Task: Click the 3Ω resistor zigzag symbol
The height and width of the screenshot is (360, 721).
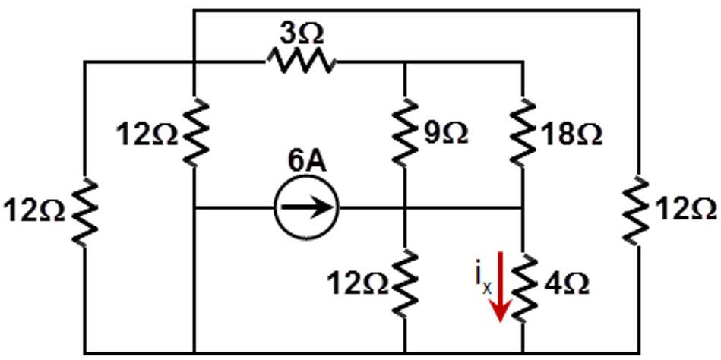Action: click(299, 61)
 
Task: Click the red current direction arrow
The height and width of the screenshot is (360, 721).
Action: click(499, 291)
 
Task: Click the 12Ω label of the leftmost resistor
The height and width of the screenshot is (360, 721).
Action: click(35, 210)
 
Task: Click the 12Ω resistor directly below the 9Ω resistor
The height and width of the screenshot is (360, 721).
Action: click(404, 282)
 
